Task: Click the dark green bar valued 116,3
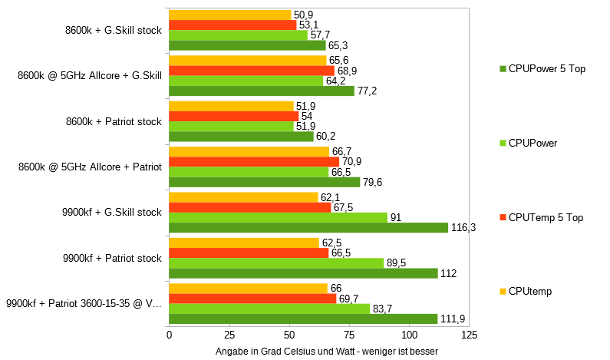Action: pos(307,228)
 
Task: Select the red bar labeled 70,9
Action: pos(253,162)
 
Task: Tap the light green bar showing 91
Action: pos(278,217)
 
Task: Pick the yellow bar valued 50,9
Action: pos(229,15)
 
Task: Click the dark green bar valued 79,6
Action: pos(264,182)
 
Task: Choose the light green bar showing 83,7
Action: pos(269,309)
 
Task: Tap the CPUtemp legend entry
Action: pos(529,291)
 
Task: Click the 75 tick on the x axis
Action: pos(349,335)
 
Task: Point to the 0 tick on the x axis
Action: pos(169,335)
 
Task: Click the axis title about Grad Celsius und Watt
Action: pos(327,351)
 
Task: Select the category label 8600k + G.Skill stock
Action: pos(114,31)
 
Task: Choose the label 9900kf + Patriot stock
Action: pos(112,258)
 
